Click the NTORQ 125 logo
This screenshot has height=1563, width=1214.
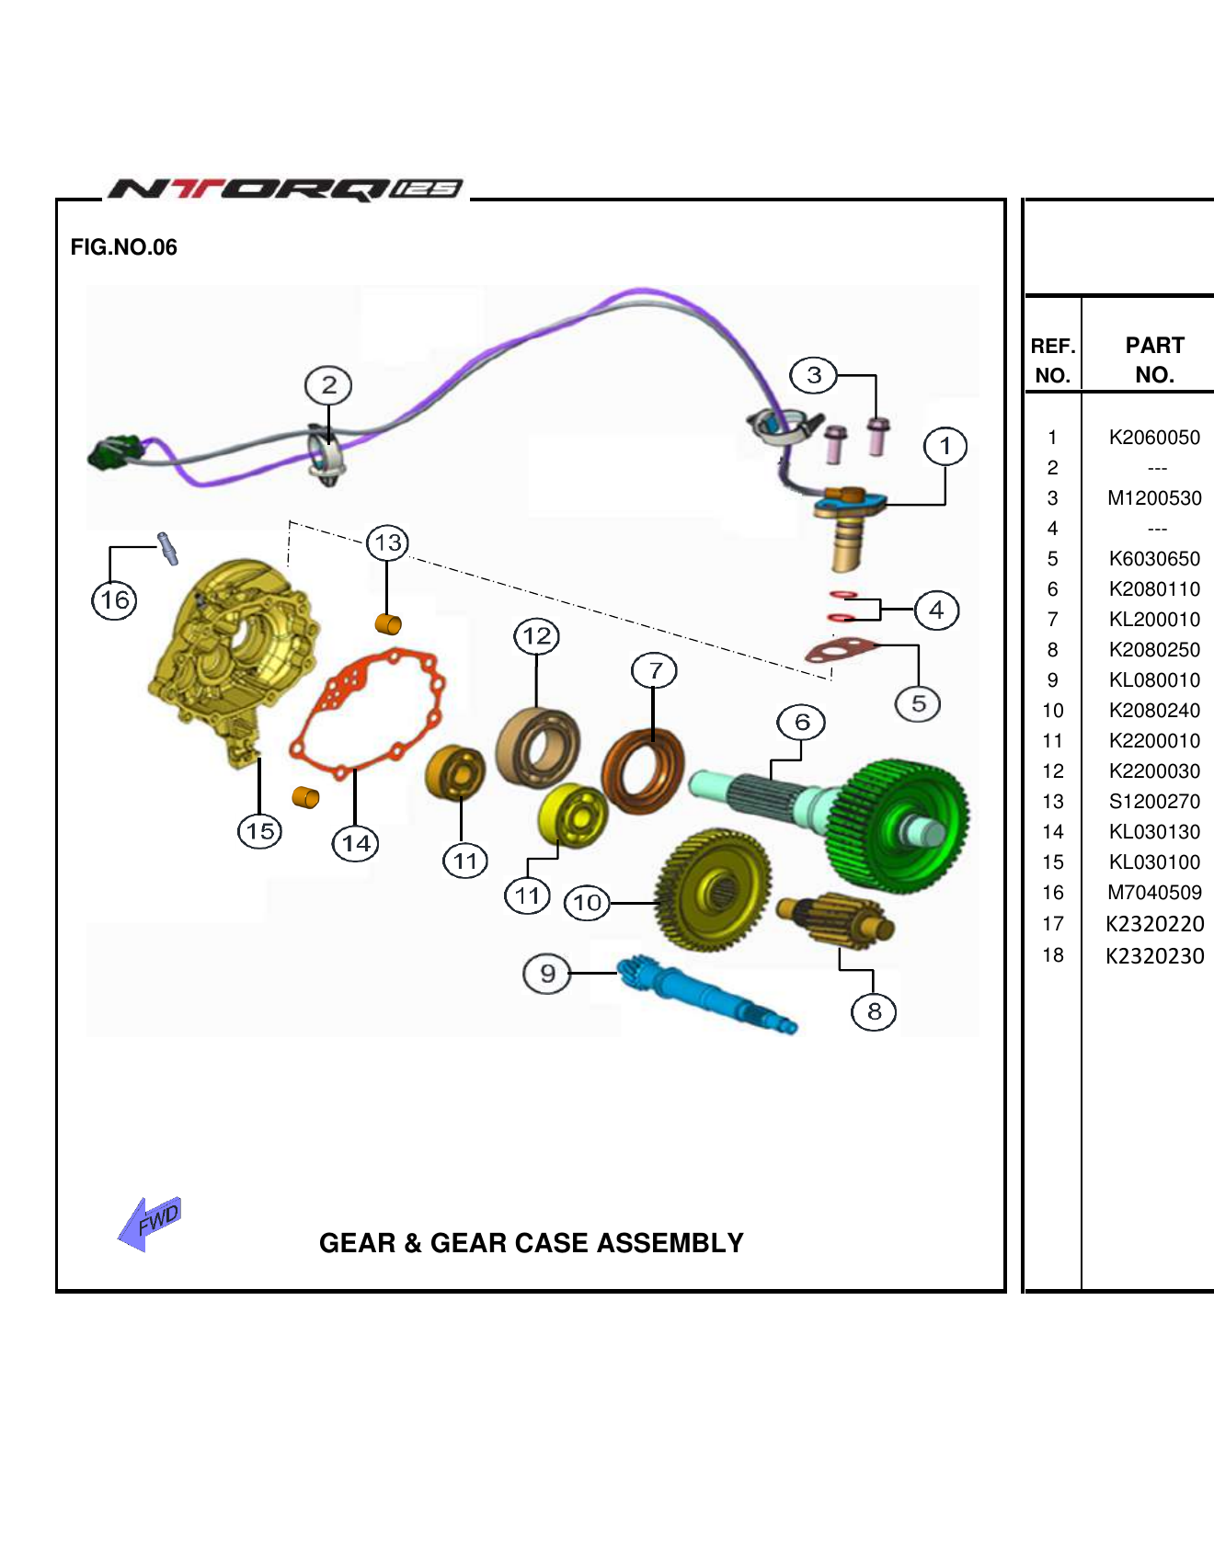[285, 188]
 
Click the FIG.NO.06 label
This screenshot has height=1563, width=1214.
[123, 247]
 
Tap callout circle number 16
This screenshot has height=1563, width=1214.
[114, 600]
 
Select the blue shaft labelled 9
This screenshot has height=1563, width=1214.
[704, 995]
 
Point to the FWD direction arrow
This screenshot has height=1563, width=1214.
[150, 1223]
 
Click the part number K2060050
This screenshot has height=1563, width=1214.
[1154, 438]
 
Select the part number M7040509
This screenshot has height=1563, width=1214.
[1154, 893]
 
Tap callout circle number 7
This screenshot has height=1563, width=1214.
[654, 670]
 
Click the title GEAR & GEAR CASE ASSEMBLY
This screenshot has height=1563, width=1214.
[531, 1243]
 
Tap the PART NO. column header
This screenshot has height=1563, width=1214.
[1154, 359]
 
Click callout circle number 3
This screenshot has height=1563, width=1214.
[814, 375]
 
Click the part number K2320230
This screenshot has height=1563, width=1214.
[1154, 956]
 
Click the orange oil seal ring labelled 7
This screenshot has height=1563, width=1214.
[644, 770]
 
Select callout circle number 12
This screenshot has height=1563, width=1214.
[537, 635]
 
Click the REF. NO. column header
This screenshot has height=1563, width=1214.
[1053, 359]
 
